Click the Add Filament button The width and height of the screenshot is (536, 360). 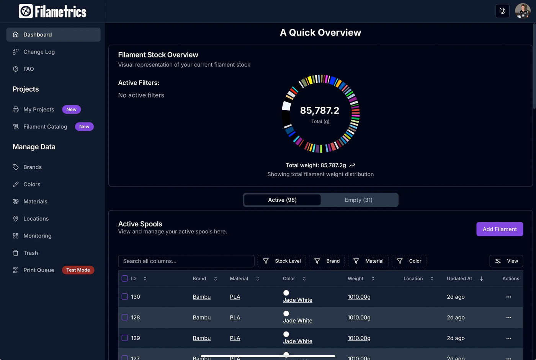tap(499, 229)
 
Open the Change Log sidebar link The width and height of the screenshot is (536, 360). tap(39, 52)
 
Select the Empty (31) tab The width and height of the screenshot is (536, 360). tap(358, 200)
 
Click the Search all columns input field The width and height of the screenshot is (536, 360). tap(186, 261)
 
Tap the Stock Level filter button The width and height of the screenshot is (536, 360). tap(282, 261)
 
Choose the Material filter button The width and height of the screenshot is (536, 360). tap(368, 261)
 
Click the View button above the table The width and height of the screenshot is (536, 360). tap(506, 261)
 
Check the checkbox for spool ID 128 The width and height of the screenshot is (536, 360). tap(125, 317)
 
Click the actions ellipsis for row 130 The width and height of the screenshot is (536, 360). tap(508, 297)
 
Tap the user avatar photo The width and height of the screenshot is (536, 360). tap(522, 11)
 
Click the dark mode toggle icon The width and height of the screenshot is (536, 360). tap(502, 11)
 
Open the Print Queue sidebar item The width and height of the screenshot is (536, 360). tap(38, 270)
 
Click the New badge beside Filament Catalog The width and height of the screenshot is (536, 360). tap(84, 126)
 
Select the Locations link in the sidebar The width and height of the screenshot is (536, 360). tap(36, 219)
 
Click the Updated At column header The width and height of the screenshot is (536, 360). tap(459, 278)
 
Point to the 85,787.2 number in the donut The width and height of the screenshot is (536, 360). tap(320, 111)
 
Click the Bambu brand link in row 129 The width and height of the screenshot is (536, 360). tap(202, 338)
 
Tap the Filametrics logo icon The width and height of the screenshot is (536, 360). tap(26, 11)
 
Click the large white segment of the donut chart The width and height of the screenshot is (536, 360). tap(286, 106)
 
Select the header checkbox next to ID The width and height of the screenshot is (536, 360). tap(125, 278)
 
